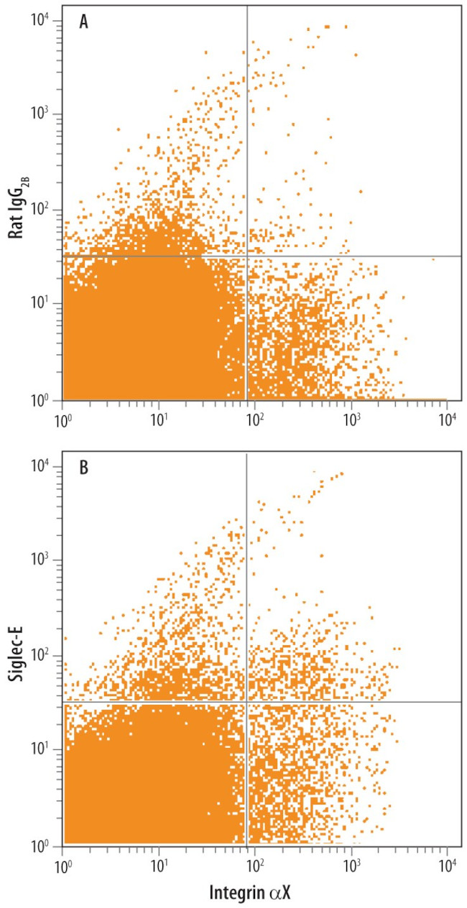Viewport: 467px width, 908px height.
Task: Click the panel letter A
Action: coord(84,22)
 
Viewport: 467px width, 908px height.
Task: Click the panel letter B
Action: coord(84,468)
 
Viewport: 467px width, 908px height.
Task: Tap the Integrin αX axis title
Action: coord(254,893)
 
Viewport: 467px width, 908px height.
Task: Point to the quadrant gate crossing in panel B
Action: coord(246,702)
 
